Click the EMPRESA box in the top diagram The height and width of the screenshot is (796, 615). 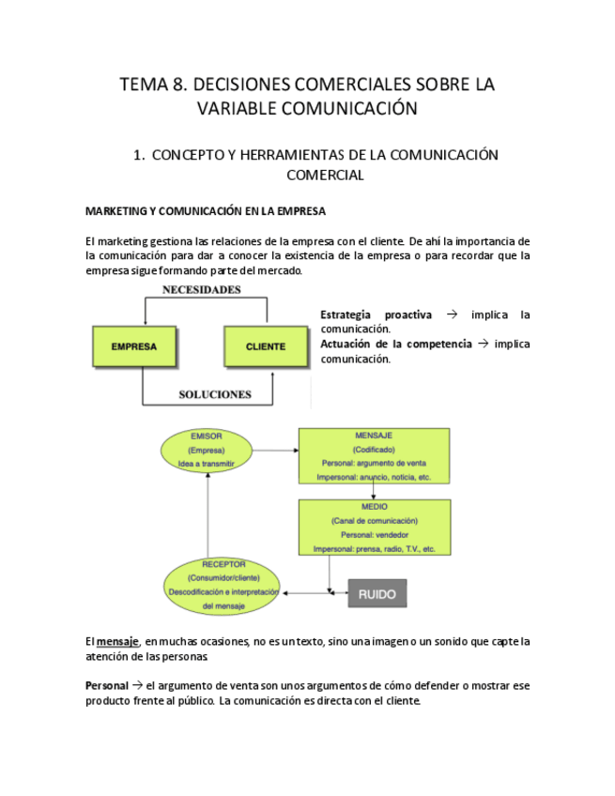134,346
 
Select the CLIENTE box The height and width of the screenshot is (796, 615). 266,346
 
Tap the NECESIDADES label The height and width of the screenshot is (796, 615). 202,290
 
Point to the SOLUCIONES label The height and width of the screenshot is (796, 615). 215,394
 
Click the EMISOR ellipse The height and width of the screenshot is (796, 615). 206,452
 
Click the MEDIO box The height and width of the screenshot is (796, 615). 374,527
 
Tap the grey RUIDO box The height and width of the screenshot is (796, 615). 377,593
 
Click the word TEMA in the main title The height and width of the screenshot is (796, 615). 141,84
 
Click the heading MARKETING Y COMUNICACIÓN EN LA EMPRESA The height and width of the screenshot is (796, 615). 206,210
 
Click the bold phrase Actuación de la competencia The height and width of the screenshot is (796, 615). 395,344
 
